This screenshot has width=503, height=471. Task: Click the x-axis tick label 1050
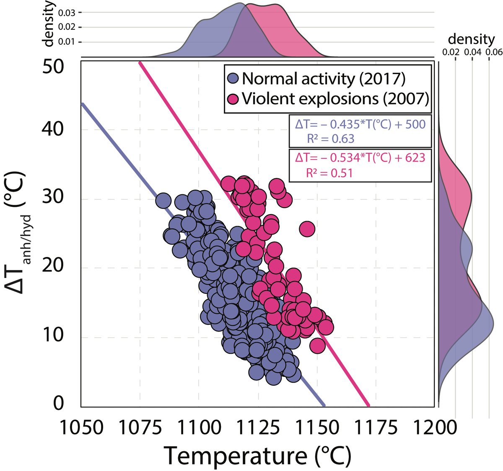click(x=80, y=427)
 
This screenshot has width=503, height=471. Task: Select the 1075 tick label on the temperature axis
click(x=140, y=427)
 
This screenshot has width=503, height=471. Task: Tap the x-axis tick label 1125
click(x=257, y=427)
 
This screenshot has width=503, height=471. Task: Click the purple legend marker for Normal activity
click(x=233, y=78)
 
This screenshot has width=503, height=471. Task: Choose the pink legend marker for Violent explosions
click(x=233, y=99)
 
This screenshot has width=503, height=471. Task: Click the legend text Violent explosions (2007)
click(x=334, y=99)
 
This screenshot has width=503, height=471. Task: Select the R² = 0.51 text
click(x=329, y=172)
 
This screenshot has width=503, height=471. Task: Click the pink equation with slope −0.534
click(x=360, y=157)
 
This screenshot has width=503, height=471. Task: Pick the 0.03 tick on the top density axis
click(x=67, y=13)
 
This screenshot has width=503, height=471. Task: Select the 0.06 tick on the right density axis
click(x=489, y=52)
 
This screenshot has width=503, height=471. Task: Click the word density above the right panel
click(x=471, y=39)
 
